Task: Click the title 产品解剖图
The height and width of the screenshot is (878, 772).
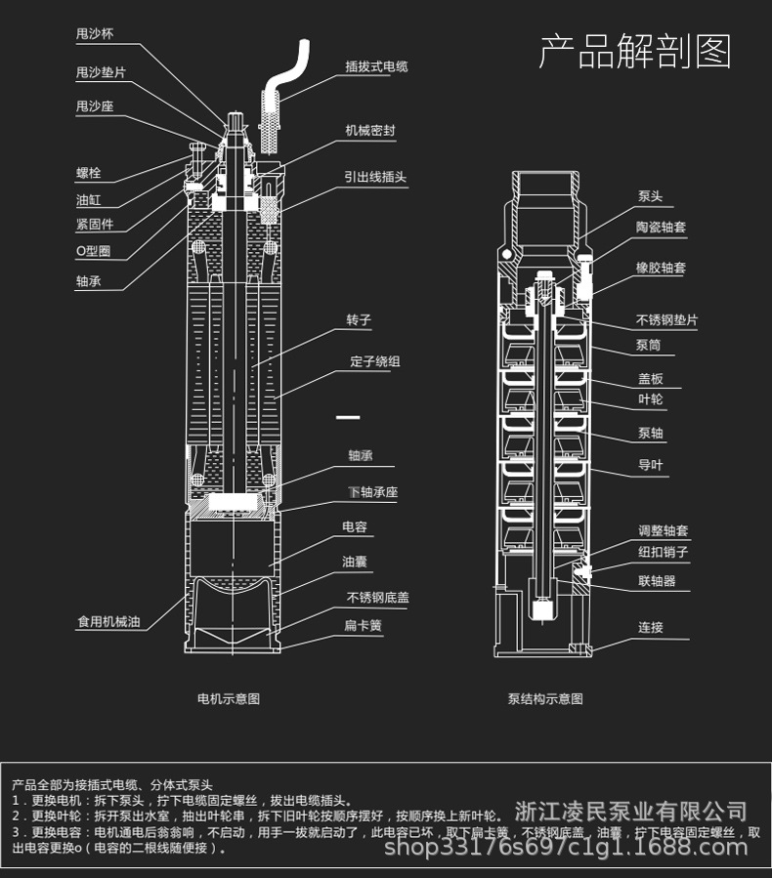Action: pyautogui.click(x=635, y=52)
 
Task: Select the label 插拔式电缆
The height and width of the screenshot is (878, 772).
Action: pyautogui.click(x=376, y=67)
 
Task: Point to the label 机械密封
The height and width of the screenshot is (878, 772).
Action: pyautogui.click(x=369, y=130)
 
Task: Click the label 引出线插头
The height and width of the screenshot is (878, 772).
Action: pyautogui.click(x=375, y=178)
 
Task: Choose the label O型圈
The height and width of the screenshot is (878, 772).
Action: pyautogui.click(x=94, y=251)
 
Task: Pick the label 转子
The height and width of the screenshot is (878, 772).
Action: pyautogui.click(x=359, y=320)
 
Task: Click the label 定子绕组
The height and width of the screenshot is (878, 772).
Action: pyautogui.click(x=375, y=361)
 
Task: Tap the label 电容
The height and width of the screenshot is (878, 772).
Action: pyautogui.click(x=355, y=527)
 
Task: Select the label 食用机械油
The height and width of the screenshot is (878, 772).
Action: pyautogui.click(x=108, y=622)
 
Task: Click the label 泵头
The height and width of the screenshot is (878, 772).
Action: pyautogui.click(x=650, y=196)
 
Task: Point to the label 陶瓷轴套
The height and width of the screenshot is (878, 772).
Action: pyautogui.click(x=662, y=228)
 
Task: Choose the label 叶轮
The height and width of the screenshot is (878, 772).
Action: pyautogui.click(x=650, y=399)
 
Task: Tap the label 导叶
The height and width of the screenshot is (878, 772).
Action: pyautogui.click(x=650, y=465)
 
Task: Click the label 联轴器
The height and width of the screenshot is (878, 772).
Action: pyautogui.click(x=657, y=581)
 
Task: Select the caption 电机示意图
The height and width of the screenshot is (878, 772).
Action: pyautogui.click(x=229, y=699)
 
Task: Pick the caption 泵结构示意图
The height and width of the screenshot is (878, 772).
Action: pyautogui.click(x=545, y=699)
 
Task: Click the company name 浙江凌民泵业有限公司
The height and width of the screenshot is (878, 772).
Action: pyautogui.click(x=630, y=812)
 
